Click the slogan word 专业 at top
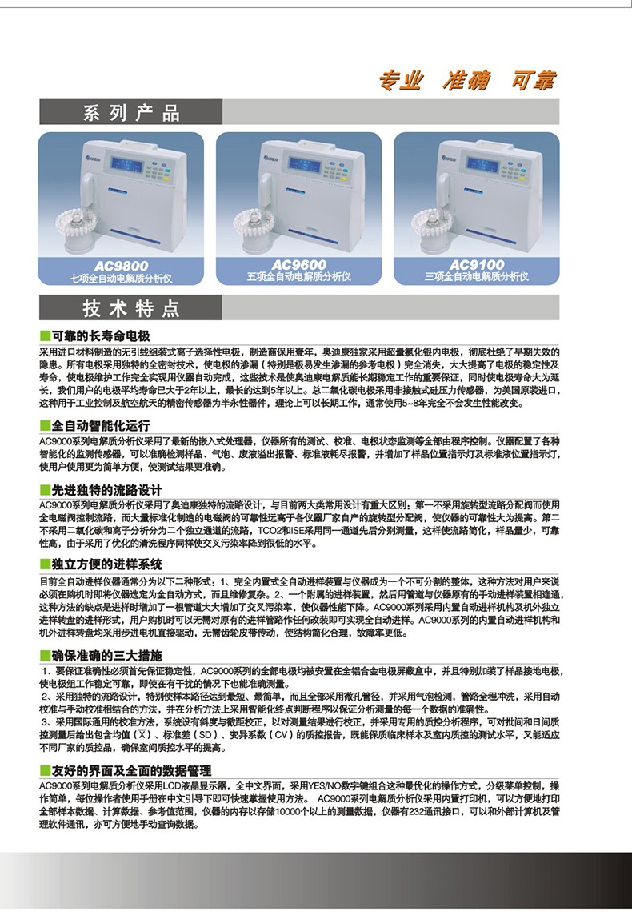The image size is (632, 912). pyautogui.click(x=400, y=80)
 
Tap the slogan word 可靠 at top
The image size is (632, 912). pyautogui.click(x=531, y=80)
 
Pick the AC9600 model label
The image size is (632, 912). pyautogui.click(x=299, y=265)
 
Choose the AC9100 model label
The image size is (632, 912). pyautogui.click(x=477, y=265)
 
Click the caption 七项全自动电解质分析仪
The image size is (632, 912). pyautogui.click(x=122, y=278)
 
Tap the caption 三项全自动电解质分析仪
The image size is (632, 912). pyautogui.click(x=477, y=277)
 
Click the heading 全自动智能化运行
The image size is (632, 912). pyautogui.click(x=100, y=425)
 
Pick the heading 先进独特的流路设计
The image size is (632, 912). pyautogui.click(x=106, y=490)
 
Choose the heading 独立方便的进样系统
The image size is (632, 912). pyautogui.click(x=106, y=564)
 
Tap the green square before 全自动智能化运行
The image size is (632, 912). pyautogui.click(x=45, y=426)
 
